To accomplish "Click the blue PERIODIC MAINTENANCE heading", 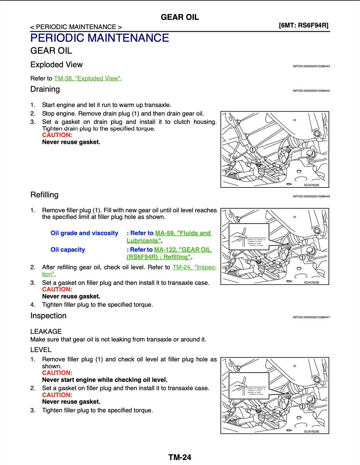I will [99, 38].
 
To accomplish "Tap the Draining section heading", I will [45, 89].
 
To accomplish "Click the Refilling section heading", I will [44, 195].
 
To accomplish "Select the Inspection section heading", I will [48, 316].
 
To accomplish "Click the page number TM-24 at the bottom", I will [180, 457].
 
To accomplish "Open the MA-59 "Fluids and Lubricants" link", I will [183, 233].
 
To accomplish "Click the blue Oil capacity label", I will [68, 250].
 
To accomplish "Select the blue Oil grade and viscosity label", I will [84, 233].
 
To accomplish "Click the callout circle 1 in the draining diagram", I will [253, 150].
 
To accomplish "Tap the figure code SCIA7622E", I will [312, 185].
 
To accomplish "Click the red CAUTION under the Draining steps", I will [57, 135].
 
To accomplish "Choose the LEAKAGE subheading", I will [46, 332].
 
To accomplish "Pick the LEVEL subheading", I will [41, 350].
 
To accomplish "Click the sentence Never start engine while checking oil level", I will [105, 380].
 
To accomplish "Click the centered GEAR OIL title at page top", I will [180, 17].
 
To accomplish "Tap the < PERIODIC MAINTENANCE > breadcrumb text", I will [76, 27].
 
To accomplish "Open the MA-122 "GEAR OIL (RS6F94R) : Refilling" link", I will [183, 250].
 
